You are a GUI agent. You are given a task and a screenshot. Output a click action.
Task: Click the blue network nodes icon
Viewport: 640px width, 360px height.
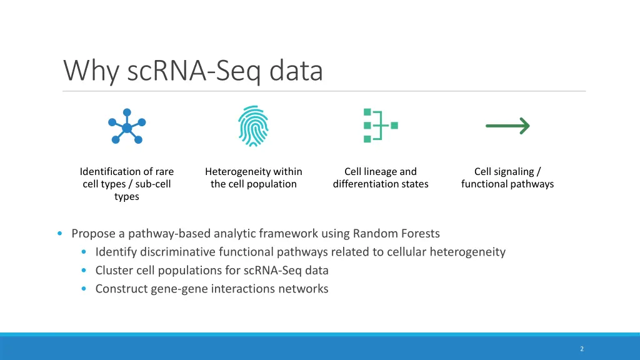coord(127,127)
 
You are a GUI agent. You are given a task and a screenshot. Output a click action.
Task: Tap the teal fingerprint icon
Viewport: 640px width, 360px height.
coord(253,126)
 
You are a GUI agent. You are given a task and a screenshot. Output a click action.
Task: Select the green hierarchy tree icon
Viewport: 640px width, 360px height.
coord(380,126)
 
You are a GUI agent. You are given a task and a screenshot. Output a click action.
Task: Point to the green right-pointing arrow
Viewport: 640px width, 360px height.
coord(507,126)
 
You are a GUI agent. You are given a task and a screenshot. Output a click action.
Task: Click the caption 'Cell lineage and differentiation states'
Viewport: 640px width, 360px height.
coord(381,177)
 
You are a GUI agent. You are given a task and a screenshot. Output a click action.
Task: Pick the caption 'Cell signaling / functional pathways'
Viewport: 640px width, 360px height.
coord(507,177)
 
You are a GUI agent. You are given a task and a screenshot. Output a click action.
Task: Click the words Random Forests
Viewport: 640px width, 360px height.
coord(396,234)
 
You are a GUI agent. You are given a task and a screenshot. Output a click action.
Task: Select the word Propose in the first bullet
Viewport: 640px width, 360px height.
coord(94,234)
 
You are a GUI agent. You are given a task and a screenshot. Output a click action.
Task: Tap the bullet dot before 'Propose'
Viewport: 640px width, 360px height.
coord(59,234)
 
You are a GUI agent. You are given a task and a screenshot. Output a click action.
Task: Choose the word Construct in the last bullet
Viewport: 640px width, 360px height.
coord(121,289)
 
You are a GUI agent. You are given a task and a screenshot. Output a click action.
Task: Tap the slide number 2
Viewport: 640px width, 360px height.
coord(582,349)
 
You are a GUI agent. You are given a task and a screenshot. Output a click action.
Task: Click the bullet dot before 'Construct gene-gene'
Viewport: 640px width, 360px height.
coord(84,289)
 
